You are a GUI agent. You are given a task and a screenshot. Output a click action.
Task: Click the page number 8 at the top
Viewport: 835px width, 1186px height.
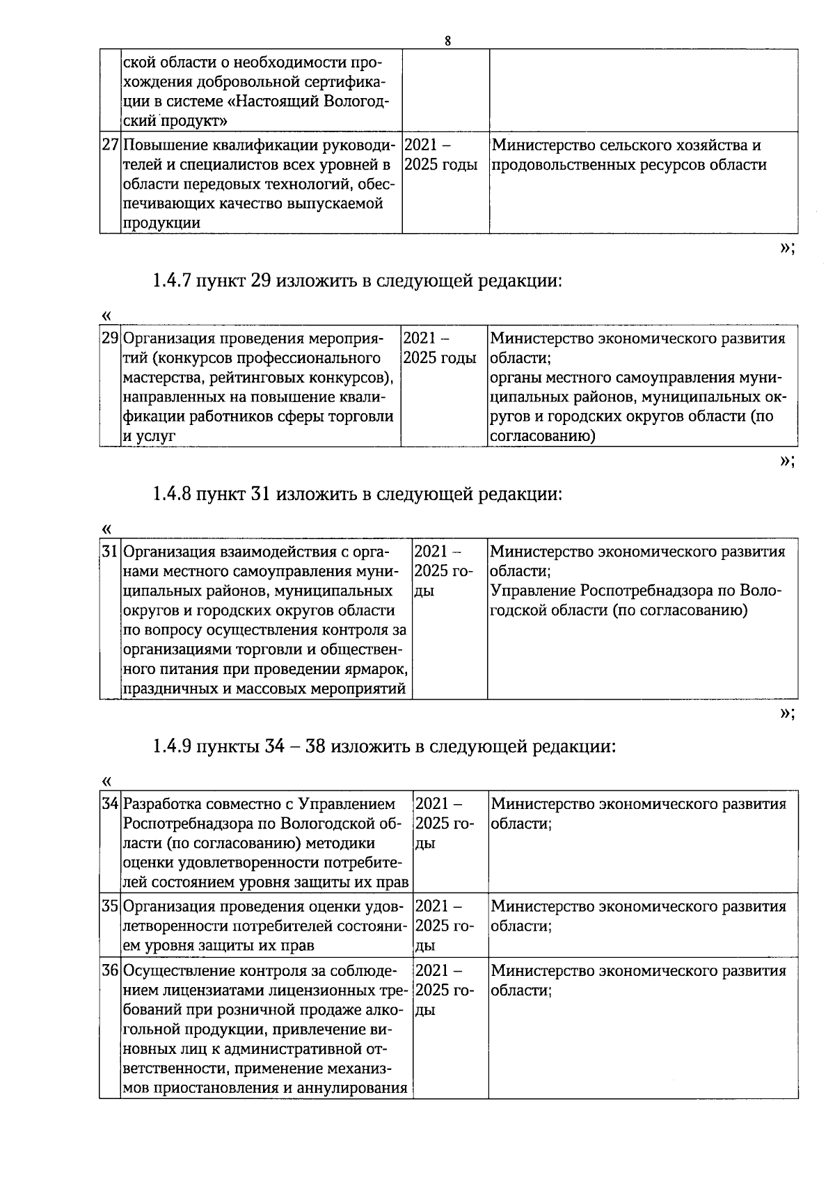click(x=447, y=41)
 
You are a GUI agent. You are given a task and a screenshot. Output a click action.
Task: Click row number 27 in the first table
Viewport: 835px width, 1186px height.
click(x=110, y=145)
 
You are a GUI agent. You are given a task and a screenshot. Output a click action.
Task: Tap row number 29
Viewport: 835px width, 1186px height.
click(x=110, y=339)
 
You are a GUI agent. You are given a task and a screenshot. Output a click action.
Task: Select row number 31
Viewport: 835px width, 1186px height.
click(x=110, y=552)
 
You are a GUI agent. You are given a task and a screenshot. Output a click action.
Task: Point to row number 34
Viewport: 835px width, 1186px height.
click(x=110, y=804)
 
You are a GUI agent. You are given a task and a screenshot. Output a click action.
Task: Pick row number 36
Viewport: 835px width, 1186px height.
click(x=110, y=970)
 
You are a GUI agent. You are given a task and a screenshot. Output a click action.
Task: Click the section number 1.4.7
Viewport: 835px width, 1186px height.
click(x=172, y=281)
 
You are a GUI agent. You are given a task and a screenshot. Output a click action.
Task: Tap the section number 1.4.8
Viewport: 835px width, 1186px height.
click(x=172, y=494)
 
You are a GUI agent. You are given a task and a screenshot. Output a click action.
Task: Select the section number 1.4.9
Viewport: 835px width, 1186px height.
click(x=172, y=746)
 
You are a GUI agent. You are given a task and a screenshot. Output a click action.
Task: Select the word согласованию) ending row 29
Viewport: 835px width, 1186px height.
click(x=543, y=436)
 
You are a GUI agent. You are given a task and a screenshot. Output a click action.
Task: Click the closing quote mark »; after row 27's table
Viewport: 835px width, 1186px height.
click(x=787, y=248)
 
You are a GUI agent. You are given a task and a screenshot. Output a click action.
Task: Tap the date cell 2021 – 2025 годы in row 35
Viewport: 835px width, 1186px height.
click(x=445, y=926)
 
